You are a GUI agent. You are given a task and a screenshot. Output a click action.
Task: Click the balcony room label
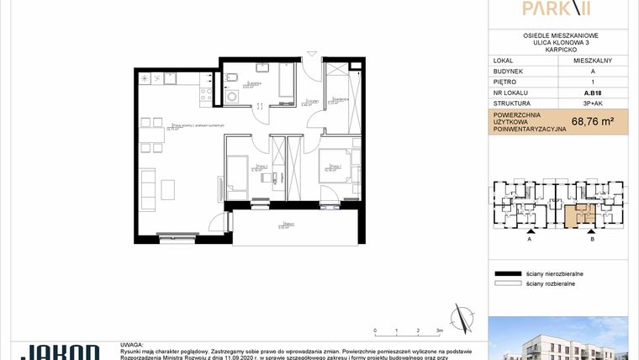tap(288, 225)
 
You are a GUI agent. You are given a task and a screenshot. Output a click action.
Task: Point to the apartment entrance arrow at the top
tap(314, 55)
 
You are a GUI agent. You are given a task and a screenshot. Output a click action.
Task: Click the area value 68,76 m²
tap(592, 121)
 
